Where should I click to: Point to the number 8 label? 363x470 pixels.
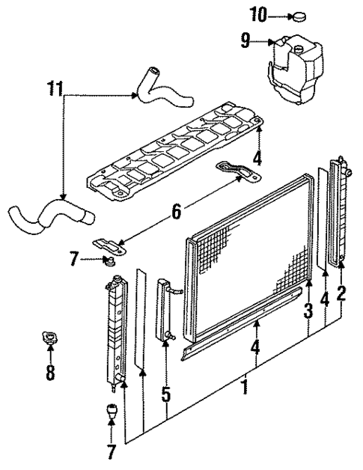click(50, 372)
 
